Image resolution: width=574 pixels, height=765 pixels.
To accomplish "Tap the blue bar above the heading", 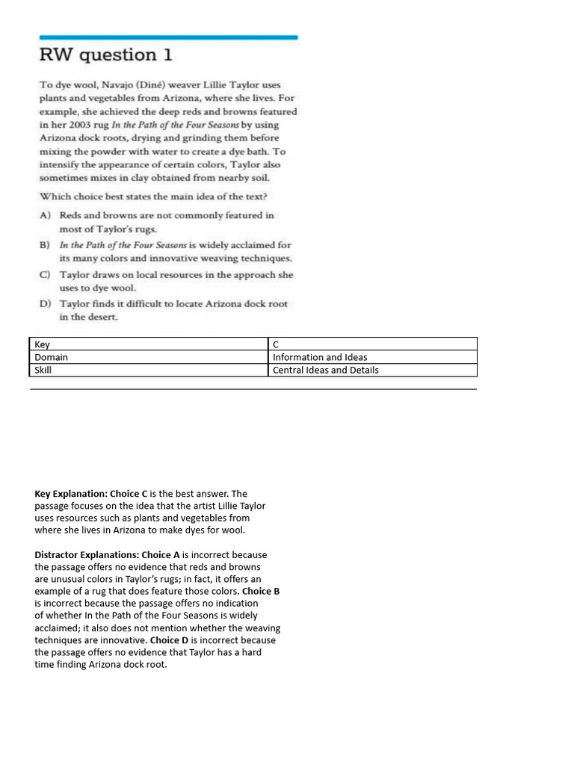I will [x=168, y=37].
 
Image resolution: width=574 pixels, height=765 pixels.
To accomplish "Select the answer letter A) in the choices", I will [x=46, y=215].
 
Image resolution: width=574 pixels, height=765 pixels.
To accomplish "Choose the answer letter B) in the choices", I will [x=46, y=245].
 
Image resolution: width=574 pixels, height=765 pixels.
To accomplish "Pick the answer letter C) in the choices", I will [x=46, y=275].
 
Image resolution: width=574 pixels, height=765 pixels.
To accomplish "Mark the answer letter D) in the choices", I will [x=46, y=304].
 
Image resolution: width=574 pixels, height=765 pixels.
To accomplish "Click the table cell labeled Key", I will [x=149, y=344].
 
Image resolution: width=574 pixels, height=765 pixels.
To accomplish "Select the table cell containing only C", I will [x=372, y=344].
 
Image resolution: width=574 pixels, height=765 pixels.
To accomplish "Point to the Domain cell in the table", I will [x=149, y=357].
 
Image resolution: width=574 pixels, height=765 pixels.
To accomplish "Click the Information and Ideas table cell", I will [x=372, y=357].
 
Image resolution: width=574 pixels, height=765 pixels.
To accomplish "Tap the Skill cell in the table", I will [x=149, y=370].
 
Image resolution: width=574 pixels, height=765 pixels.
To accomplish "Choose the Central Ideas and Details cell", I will [x=372, y=370].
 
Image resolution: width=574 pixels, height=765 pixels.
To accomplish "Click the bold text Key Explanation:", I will [x=71, y=494].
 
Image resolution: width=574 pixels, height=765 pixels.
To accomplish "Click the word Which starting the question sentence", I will [x=54, y=196].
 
